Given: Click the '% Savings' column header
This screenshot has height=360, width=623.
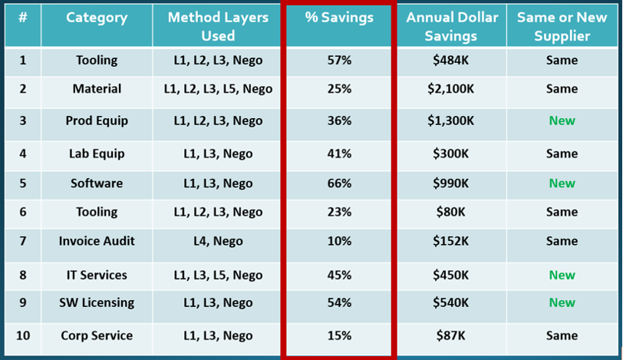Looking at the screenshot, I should pos(338,18).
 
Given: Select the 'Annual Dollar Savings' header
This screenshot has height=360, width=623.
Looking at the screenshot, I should pos(452,26).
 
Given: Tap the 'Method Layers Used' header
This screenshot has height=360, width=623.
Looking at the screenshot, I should pos(218,26).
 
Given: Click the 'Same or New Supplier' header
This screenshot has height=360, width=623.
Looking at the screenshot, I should pos(562,26).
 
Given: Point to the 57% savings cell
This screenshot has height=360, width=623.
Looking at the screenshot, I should pos(338,61).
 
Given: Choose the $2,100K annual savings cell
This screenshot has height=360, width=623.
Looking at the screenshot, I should pos(451,89).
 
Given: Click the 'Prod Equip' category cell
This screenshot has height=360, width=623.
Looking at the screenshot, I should pos(97,121).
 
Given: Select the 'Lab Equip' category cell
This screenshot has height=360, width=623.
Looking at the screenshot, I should pos(97,154).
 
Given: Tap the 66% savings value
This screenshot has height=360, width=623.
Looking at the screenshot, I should pos(338,183).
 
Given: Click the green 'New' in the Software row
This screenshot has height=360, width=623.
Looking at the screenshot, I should pos(562,183).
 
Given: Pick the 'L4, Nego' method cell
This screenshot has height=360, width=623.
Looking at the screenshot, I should pos(218,241).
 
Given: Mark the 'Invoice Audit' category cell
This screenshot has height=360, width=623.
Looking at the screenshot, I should pos(97,241).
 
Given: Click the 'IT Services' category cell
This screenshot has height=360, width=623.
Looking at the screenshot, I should pos(97,275).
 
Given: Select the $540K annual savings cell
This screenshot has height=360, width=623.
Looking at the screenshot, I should pos(451,302).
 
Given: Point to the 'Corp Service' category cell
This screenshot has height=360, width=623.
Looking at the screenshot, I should pos(97,335).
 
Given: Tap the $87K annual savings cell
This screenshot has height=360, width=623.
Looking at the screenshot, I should pos(451,335).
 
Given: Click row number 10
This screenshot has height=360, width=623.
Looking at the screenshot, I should pos(23,335).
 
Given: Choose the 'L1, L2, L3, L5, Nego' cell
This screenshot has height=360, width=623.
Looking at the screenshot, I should pos(218,89).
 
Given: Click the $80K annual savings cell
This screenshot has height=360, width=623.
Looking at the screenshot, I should pos(451,212).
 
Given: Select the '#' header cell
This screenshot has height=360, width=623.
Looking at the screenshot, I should pos(23,18).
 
